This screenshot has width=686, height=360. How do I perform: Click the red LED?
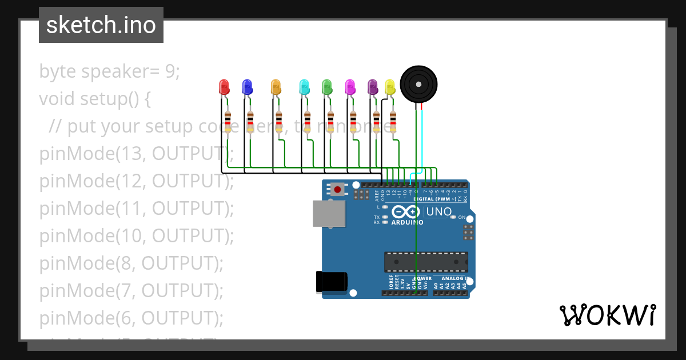(x=224, y=87)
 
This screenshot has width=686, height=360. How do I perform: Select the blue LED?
(x=247, y=87)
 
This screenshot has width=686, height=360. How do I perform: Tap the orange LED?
(x=276, y=87)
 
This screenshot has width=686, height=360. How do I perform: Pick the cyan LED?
(x=304, y=87)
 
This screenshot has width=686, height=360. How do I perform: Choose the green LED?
(x=327, y=87)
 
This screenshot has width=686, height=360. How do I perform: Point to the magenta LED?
(x=350, y=87)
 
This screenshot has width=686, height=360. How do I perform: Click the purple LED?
(x=373, y=87)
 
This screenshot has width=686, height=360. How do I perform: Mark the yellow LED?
(x=390, y=87)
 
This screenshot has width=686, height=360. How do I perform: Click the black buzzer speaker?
(x=418, y=84)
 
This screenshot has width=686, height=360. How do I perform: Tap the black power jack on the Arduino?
(x=332, y=282)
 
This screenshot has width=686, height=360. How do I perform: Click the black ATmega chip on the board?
(x=426, y=262)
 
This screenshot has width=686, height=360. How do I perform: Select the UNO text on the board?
(x=439, y=212)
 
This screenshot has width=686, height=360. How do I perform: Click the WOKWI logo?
(x=607, y=315)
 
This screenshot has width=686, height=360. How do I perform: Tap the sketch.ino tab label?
(x=101, y=25)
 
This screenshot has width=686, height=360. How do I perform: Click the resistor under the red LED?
(x=228, y=122)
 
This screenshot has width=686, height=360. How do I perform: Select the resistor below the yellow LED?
(x=393, y=122)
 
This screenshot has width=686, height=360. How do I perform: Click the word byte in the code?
(x=58, y=72)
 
